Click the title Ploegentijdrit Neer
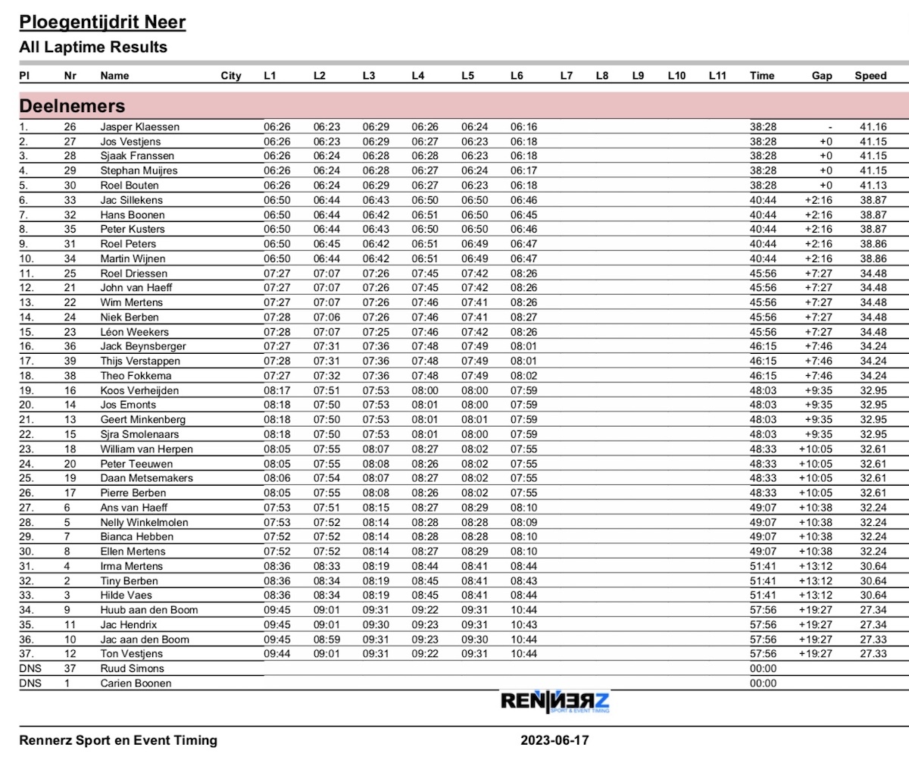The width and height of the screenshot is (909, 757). click(102, 22)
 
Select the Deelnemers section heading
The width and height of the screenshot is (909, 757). click(72, 105)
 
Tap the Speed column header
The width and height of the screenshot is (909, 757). click(870, 76)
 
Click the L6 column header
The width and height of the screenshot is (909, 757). click(517, 76)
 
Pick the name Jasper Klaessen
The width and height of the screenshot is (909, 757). click(140, 127)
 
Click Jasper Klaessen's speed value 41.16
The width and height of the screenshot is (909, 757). click(873, 127)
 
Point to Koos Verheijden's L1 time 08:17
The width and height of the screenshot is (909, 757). click(276, 390)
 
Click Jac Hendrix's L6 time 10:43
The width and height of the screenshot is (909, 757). click(523, 624)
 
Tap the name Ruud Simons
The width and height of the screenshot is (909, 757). click(132, 668)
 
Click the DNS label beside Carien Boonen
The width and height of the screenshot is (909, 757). click(31, 683)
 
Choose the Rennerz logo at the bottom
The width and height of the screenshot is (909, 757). click(554, 702)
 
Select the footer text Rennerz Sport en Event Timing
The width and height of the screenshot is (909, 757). click(118, 740)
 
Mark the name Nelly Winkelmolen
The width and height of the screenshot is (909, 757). click(144, 522)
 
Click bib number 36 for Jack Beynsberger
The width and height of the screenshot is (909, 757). click(70, 346)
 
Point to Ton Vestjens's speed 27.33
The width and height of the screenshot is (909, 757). click(873, 654)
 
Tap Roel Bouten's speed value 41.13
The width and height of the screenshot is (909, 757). click(873, 186)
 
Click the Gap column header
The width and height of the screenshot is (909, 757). click(822, 76)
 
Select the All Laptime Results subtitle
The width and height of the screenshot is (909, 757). click(93, 47)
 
